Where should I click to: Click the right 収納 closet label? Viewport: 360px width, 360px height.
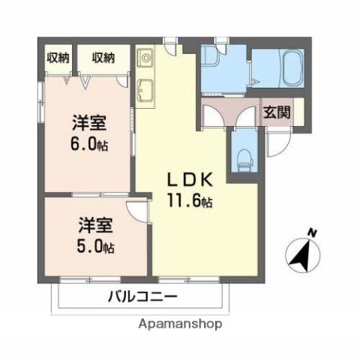pos(103,57)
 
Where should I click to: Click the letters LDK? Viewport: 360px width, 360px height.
pos(191,180)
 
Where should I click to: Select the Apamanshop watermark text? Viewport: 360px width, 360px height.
pos(181,325)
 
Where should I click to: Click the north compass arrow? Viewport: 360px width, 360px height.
pos(302,255)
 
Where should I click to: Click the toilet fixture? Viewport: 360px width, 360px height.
pos(243,156)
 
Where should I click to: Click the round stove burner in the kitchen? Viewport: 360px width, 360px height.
pos(145,56)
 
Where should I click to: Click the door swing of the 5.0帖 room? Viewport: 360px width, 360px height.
pos(137,211)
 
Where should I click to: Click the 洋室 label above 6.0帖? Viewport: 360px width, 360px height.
pos(89,122)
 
